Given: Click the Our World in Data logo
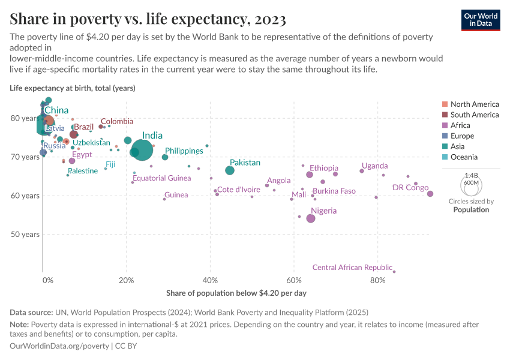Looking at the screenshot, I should pyautogui.click(x=481, y=19).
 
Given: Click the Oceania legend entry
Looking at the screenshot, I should pyautogui.click(x=464, y=157).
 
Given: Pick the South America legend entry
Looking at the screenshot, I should pyautogui.click(x=474, y=115).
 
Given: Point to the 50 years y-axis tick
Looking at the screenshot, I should pyautogui.click(x=26, y=234).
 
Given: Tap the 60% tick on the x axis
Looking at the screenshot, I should pyautogui.click(x=293, y=280).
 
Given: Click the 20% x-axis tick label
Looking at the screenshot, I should pyautogui.click(x=126, y=280).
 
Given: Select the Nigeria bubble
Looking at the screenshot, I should pyautogui.click(x=311, y=218).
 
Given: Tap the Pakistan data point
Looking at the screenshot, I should pyautogui.click(x=230, y=170).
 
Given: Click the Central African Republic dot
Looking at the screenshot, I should pyautogui.click(x=394, y=272).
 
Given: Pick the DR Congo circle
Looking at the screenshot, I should pyautogui.click(x=430, y=194).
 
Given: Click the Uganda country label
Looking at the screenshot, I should pyautogui.click(x=374, y=166).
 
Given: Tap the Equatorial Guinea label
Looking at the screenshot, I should pyautogui.click(x=161, y=178).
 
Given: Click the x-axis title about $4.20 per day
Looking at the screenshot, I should pyautogui.click(x=236, y=293).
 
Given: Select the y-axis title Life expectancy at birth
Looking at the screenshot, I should pyautogui.click(x=72, y=88).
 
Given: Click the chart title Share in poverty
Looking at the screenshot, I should pyautogui.click(x=148, y=19).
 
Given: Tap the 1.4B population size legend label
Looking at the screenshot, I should pyautogui.click(x=471, y=175).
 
